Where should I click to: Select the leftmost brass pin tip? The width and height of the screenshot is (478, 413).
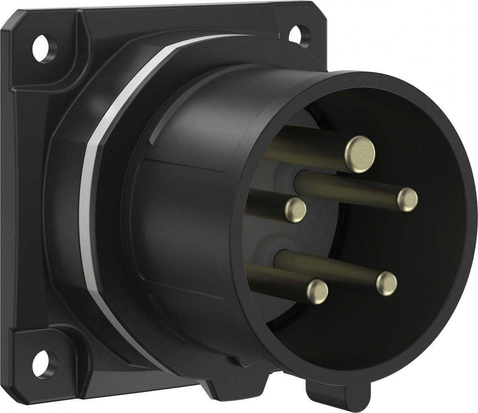tap(296, 208)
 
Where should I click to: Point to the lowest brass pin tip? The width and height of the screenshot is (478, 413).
tap(317, 290)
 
